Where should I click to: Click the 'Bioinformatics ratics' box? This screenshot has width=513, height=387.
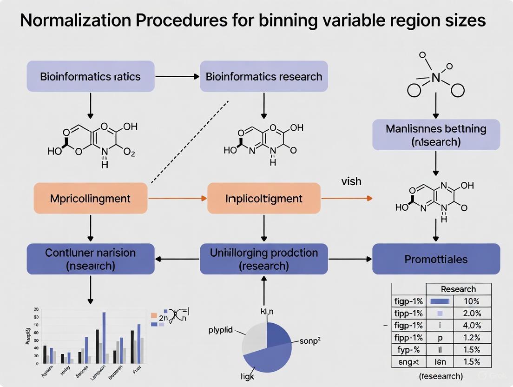coord(90,76)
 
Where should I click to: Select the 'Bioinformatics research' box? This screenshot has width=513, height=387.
coord(263,76)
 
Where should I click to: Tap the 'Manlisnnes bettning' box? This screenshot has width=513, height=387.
coord(436,135)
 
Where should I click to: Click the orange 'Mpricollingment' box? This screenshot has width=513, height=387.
coord(90,199)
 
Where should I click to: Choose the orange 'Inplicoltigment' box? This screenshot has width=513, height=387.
coord(263,199)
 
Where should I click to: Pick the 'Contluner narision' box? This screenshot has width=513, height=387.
coord(90,259)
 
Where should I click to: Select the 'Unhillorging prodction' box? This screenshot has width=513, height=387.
coord(263,259)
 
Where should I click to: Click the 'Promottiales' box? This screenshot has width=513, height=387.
coord(436,259)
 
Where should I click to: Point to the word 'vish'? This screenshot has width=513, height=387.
coord(351,181)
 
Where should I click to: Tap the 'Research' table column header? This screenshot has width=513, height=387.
coord(458,289)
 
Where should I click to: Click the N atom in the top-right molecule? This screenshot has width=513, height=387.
coord(436,78)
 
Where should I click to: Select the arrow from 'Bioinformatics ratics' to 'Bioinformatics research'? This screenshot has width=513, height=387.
coord(177,76)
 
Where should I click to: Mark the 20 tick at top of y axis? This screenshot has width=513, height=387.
coord(36,309)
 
